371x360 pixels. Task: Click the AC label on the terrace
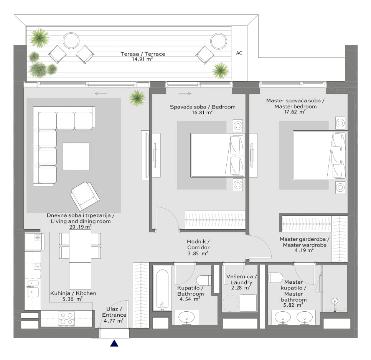point(239,53)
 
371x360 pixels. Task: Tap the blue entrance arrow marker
point(114,343)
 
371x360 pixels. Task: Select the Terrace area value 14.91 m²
point(142,59)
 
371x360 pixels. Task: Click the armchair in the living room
point(85,196)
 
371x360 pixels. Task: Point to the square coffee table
point(76,156)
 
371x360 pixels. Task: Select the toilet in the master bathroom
point(275,278)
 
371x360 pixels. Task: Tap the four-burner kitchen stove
point(66,318)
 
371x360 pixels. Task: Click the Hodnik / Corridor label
point(198,245)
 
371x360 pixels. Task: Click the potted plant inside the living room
point(137,98)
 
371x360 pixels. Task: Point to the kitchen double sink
point(33,289)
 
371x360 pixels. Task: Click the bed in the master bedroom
point(320,155)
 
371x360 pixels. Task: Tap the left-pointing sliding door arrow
point(101,94)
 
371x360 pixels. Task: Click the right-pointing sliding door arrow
point(185,94)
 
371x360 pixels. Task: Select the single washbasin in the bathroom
point(186,317)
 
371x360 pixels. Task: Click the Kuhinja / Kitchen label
point(73,293)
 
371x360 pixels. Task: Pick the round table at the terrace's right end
point(219,41)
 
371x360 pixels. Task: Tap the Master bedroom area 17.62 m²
point(295,112)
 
